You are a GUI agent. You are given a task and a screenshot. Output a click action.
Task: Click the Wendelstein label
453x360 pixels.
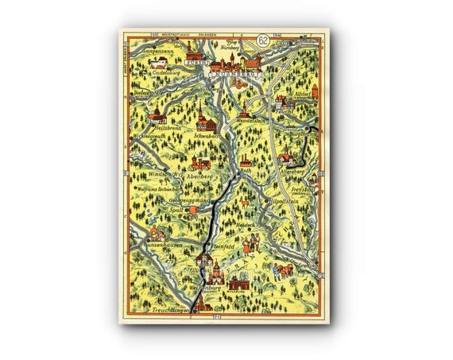259,125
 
